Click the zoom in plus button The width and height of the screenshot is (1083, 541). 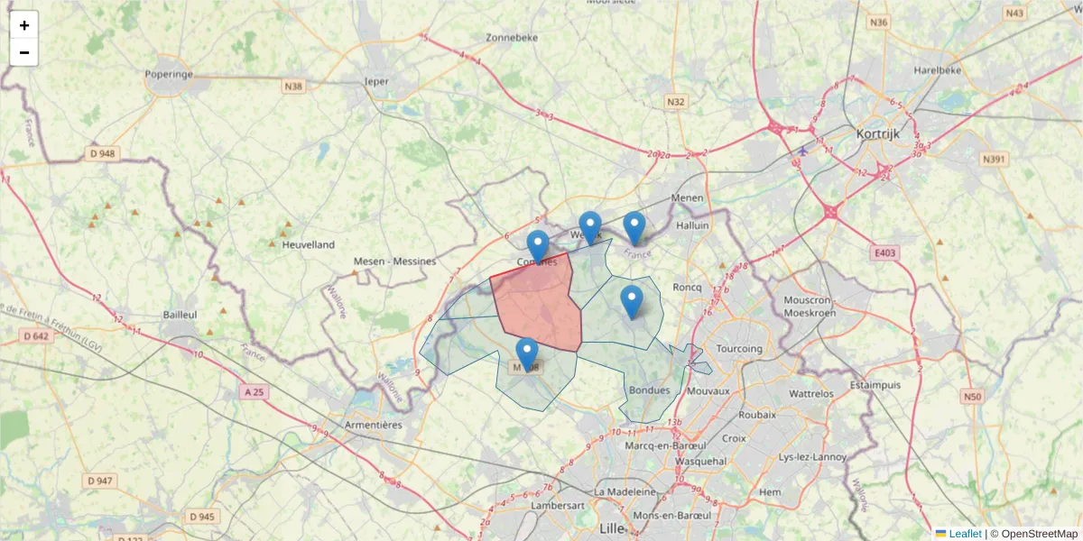24,25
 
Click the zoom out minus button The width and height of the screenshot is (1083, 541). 24,52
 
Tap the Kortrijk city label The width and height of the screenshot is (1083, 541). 878,134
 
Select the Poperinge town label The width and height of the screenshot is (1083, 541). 169,74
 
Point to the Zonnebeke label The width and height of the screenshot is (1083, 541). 512,38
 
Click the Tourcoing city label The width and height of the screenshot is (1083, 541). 738,348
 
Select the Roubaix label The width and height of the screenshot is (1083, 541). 756,415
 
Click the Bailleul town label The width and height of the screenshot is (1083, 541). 180,314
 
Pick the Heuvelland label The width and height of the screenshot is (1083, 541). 308,244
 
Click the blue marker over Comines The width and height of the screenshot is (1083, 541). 538,246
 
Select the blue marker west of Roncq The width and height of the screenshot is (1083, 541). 632,301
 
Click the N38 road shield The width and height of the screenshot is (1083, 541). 293,87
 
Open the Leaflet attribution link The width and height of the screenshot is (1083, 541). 964,534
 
